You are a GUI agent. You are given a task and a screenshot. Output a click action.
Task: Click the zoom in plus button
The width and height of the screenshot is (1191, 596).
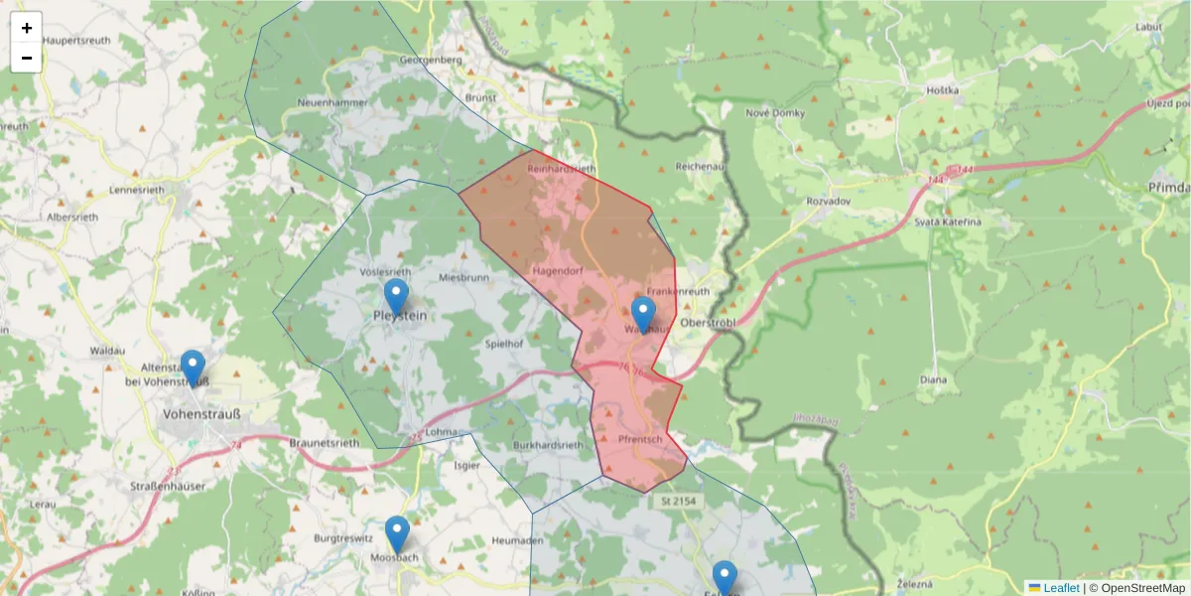(27, 28)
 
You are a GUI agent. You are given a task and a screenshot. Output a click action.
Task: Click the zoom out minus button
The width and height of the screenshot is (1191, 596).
(27, 58)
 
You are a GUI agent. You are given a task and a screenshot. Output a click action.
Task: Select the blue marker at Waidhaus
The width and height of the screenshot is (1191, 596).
(643, 314)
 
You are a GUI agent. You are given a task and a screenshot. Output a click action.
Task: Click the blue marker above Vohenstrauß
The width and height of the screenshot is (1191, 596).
(193, 368)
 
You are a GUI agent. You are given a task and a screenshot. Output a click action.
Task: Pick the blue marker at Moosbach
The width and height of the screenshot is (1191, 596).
(397, 534)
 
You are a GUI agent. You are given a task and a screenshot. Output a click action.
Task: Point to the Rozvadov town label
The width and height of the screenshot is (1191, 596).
(803, 201)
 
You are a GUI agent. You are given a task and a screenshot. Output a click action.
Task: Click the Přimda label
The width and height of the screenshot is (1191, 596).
(1167, 187)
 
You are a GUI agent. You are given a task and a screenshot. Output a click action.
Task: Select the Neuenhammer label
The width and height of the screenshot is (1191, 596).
(331, 103)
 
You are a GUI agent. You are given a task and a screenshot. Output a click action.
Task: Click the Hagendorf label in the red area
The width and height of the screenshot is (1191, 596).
(556, 269)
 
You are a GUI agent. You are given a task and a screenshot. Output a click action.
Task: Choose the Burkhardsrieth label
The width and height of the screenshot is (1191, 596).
(548, 446)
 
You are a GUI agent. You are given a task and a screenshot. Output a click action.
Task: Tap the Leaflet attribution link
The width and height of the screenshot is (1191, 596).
(1060, 587)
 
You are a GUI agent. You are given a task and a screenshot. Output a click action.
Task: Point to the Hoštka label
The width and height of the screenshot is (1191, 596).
(942, 90)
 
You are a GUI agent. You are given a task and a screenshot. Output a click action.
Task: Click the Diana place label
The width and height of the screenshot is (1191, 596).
(933, 379)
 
